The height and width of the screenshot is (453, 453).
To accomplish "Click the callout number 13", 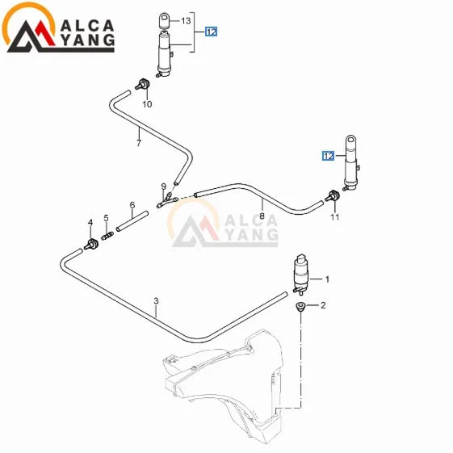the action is coord(186,20).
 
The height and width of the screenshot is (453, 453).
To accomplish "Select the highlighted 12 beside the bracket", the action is coord(212,31).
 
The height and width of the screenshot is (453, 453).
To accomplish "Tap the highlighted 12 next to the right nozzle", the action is coord(329,156).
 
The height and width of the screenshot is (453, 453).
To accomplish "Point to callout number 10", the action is coord(147,104).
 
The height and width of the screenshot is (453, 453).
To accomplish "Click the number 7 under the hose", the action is coord(139,143).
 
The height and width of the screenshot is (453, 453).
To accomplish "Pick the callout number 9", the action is coord(164,186).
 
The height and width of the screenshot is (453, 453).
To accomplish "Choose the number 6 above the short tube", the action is coord(132,205).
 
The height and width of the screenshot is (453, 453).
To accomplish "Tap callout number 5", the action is coord(106,218).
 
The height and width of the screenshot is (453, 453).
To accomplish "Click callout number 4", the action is coord(90,222).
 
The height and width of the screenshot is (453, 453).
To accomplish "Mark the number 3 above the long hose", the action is coord(156,301).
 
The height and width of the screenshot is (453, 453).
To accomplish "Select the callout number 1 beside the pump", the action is coord(327,279).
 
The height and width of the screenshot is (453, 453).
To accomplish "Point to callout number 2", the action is coord(323,305).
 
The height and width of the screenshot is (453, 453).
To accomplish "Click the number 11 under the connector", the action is coord(335,216).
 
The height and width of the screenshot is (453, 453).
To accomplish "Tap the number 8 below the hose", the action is coord(262,216).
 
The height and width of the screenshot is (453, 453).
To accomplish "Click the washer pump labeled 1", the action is coord(300,275).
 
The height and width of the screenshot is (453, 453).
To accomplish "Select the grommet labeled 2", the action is coord(300,307).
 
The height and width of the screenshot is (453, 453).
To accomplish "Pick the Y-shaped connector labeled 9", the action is coord(167,199).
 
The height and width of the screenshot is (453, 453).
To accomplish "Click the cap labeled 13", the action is coord(165,20).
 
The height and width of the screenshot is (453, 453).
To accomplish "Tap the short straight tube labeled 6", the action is coord(132,221).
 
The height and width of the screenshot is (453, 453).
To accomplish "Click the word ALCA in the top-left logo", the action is coord(87,26).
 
